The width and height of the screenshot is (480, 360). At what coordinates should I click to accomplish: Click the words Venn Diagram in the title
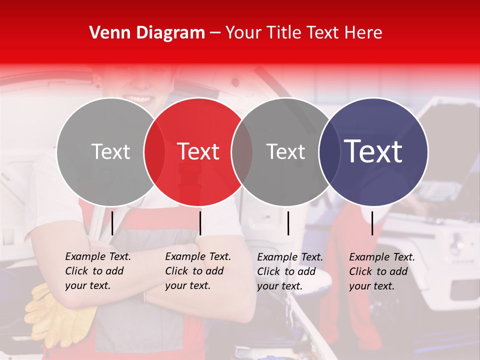click(x=147, y=33)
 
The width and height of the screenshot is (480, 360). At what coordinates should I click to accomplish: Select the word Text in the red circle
click(x=198, y=151)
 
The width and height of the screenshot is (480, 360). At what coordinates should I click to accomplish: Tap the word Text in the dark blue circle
click(x=373, y=151)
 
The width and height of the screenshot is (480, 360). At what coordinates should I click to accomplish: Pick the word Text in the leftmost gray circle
click(x=110, y=151)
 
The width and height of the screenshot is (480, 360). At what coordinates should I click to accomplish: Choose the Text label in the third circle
click(x=285, y=151)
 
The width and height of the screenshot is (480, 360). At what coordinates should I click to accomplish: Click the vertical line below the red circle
click(x=200, y=223)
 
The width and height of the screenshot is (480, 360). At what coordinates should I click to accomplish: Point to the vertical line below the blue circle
click(x=372, y=223)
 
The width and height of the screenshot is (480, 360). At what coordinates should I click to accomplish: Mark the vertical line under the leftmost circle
click(x=112, y=223)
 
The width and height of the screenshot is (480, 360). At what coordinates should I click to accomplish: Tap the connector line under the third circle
click(x=288, y=223)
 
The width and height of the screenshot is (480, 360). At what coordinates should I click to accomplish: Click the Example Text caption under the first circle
click(x=98, y=271)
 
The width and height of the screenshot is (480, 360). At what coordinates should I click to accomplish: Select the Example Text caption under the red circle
click(x=198, y=271)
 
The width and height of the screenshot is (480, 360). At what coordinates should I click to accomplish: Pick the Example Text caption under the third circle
click(x=290, y=271)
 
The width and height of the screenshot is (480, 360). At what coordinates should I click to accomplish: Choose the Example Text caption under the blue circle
click(x=382, y=271)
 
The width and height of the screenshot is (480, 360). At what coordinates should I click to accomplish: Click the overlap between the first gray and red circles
click(x=154, y=151)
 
